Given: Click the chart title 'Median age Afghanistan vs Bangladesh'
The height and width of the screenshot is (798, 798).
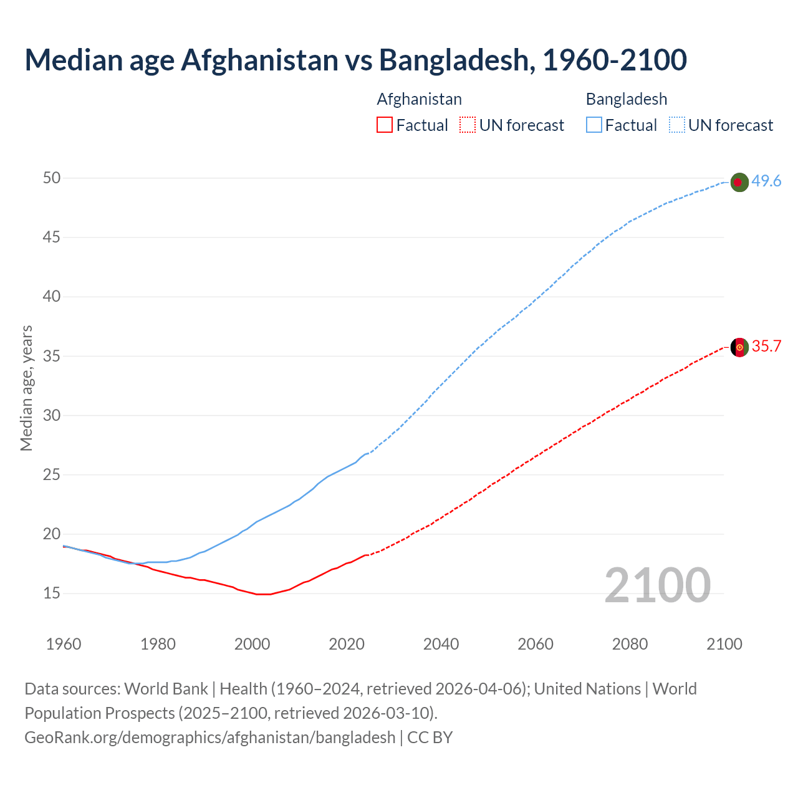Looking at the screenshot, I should tap(355, 60).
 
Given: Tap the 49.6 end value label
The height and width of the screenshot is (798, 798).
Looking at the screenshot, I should tap(766, 181).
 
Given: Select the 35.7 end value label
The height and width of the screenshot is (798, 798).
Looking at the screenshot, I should tap(766, 347).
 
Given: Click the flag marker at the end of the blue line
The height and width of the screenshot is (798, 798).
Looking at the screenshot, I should tap(739, 182).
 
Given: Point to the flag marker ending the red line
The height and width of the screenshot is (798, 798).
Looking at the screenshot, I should tap(739, 347).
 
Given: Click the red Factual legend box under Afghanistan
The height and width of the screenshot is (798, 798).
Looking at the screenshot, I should tap(385, 125).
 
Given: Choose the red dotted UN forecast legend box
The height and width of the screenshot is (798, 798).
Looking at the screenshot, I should tap(468, 125).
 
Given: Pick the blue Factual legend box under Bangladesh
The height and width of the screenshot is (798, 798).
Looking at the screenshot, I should tap(594, 125).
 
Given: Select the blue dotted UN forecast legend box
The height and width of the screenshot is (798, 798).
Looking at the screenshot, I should tap(676, 125).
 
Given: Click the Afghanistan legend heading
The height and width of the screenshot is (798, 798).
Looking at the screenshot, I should tap(419, 99).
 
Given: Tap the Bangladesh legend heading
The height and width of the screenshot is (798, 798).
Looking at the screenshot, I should tap(626, 99).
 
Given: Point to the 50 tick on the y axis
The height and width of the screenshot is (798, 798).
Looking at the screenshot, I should tap(52, 178).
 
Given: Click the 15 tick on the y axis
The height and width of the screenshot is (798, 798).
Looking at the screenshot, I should tap(52, 594).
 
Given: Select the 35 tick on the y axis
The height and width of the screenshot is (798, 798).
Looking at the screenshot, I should tap(52, 356).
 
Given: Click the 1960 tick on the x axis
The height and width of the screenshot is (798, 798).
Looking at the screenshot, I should tap(64, 644).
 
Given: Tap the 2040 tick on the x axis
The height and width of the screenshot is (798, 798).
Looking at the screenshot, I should tap(441, 644).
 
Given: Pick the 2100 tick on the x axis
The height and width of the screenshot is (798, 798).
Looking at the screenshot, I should tap(724, 644).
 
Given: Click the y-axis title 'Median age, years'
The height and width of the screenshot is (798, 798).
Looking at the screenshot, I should tap(26, 388).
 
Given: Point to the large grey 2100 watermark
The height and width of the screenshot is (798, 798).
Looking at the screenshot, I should tap(657, 585).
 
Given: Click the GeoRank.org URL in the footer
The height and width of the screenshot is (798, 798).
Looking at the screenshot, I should tap(209, 738).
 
